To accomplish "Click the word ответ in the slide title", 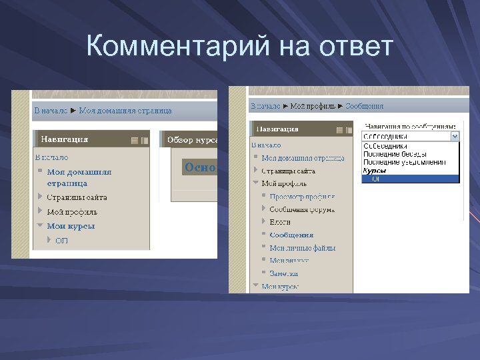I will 353,47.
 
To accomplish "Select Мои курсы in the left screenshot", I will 71,226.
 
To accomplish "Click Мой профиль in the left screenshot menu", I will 72,212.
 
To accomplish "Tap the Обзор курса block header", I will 191,140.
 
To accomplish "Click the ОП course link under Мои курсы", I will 61,241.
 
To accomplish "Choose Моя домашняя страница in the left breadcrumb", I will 125,110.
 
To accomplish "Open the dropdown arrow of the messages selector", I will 455,136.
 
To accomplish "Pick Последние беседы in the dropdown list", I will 395,154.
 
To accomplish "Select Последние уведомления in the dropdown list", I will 404,162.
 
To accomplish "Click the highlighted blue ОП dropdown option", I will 376,179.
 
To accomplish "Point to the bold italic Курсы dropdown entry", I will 374,171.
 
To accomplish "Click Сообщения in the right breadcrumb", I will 365,106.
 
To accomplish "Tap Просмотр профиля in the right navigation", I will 302,197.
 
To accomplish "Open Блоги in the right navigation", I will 280,222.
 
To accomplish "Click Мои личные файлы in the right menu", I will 302,248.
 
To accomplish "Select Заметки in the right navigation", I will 284,273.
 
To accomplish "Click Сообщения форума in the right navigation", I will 302,209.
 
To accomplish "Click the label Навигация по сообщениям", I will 410,125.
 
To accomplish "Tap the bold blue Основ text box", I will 201,167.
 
